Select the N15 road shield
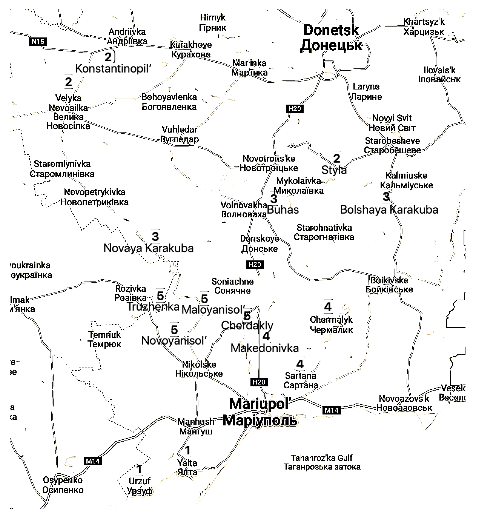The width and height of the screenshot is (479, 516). pyautogui.click(x=38, y=41)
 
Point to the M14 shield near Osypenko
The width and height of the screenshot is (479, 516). pyautogui.click(x=92, y=461)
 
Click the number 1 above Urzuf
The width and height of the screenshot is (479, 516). pyautogui.click(x=139, y=469)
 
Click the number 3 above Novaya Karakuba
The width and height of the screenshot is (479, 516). pyautogui.click(x=155, y=236)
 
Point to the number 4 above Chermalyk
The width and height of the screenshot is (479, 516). pyautogui.click(x=328, y=307)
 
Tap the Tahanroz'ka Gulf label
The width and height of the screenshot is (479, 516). pyautogui.click(x=322, y=462)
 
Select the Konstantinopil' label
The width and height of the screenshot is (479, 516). pyautogui.click(x=113, y=69)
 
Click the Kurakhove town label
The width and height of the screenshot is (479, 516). pyautogui.click(x=191, y=49)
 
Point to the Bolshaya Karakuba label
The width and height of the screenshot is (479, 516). pyautogui.click(x=389, y=210)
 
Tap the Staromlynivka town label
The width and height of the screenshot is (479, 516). pyautogui.click(x=62, y=169)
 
